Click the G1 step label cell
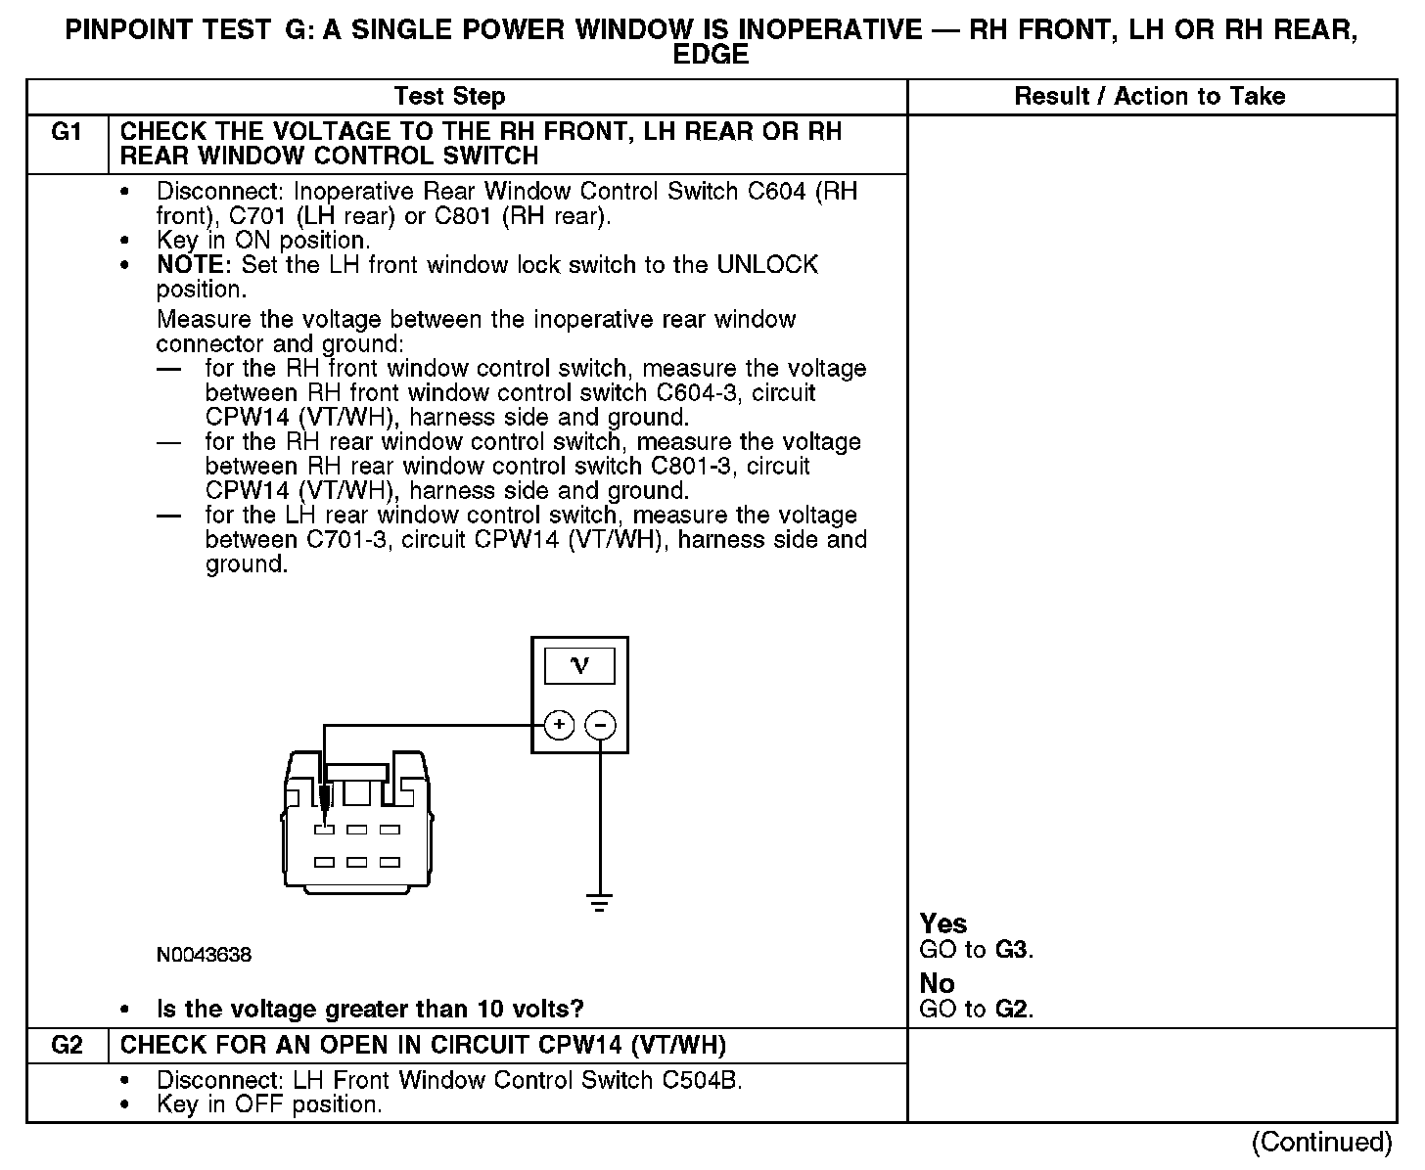(x=67, y=132)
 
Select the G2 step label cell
(x=67, y=1046)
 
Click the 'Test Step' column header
(x=449, y=97)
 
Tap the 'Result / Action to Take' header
(x=1149, y=97)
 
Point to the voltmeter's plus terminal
(x=559, y=725)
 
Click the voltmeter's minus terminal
(x=600, y=725)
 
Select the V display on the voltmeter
(x=579, y=666)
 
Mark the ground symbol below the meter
(x=600, y=902)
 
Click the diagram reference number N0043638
(x=204, y=955)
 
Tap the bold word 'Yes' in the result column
(x=943, y=923)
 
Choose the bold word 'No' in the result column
(x=937, y=983)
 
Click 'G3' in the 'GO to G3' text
(x=1012, y=950)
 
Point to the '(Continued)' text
(x=1321, y=1142)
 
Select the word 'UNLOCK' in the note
(x=767, y=265)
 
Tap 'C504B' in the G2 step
(x=701, y=1080)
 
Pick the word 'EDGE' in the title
(x=711, y=56)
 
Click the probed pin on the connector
(x=325, y=830)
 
